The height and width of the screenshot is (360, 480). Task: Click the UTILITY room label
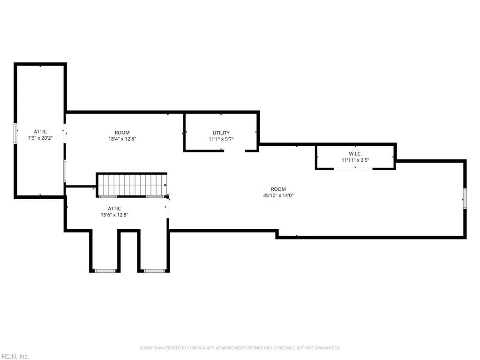221,133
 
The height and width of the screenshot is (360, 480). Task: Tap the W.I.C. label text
355,154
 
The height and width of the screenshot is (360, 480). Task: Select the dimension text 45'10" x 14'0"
278,195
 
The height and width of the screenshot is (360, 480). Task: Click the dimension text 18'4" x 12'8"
122,139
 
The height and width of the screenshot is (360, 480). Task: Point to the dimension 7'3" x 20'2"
40,138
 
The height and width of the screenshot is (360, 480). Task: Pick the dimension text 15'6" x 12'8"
114,215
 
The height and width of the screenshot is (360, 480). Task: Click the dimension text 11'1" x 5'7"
221,139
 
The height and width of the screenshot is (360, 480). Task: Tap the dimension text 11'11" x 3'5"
355,160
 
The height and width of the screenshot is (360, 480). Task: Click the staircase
132,185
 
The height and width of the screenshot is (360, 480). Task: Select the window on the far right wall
465,199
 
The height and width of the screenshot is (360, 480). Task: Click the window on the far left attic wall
15,133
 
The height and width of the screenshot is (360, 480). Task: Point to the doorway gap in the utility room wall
234,150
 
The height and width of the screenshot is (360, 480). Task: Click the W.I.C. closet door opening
353,169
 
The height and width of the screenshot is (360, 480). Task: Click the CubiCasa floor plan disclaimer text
240,348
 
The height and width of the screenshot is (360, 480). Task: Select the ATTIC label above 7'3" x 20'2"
40,132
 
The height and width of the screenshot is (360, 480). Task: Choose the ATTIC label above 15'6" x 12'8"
114,209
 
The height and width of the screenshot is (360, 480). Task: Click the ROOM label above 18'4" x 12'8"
122,133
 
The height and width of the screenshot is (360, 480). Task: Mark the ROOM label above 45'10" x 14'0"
278,189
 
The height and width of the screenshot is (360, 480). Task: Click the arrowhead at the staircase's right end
165,185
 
